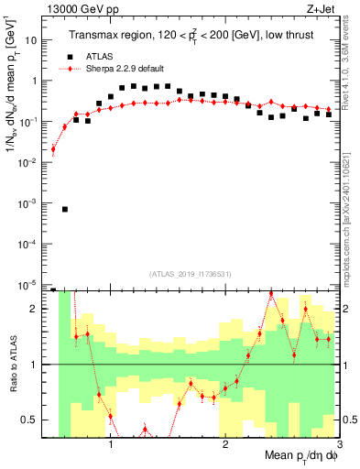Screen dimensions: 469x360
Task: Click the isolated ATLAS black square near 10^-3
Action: [65, 209]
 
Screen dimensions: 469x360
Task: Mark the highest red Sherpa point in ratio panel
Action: [271, 294]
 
